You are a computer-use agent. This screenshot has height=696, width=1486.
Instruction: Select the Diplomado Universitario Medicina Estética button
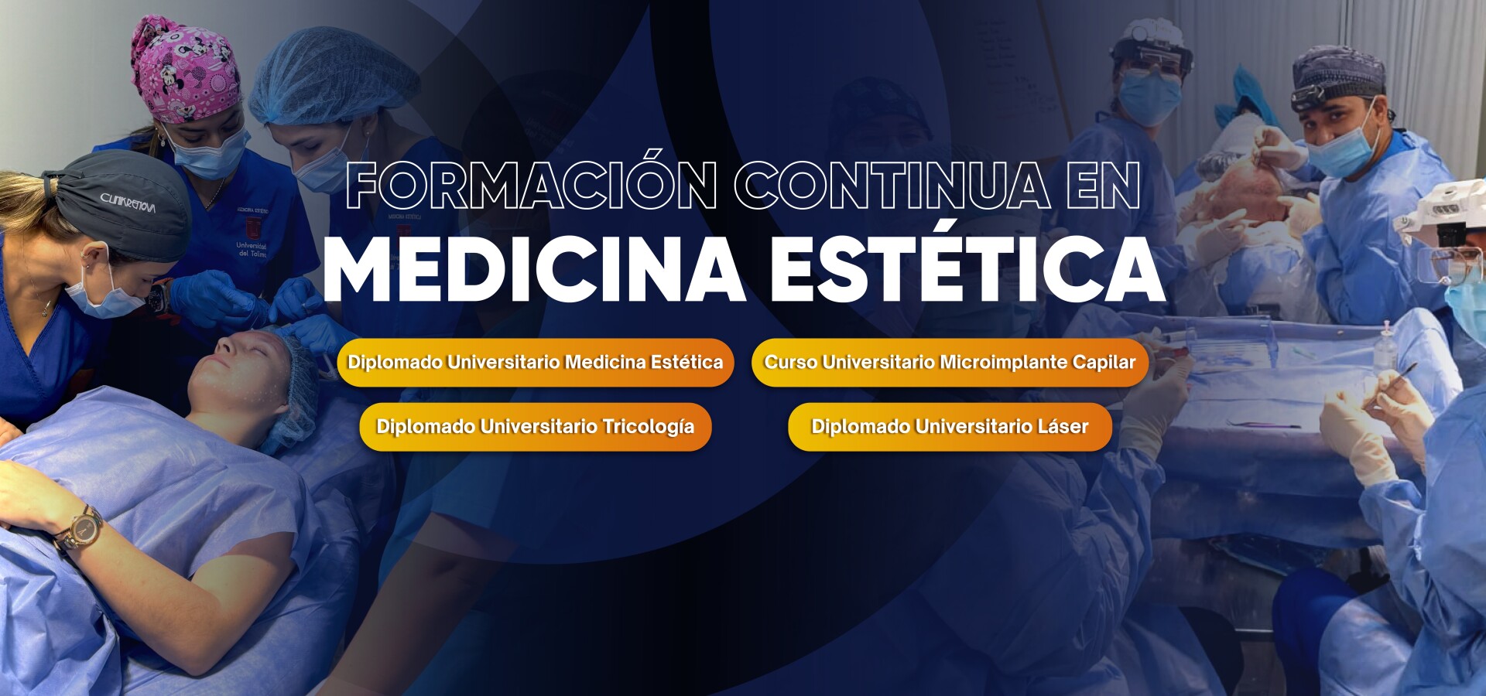click(x=536, y=362)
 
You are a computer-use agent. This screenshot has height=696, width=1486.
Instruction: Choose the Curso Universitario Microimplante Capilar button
click(x=950, y=362)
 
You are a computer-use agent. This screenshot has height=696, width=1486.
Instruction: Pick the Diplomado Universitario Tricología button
click(x=536, y=426)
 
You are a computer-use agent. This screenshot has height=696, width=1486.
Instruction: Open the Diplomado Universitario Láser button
click(x=950, y=426)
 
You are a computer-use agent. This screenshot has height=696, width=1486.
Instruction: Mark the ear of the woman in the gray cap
click(x=98, y=258)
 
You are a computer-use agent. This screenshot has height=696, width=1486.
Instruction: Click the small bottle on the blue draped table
click(x=1385, y=344)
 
